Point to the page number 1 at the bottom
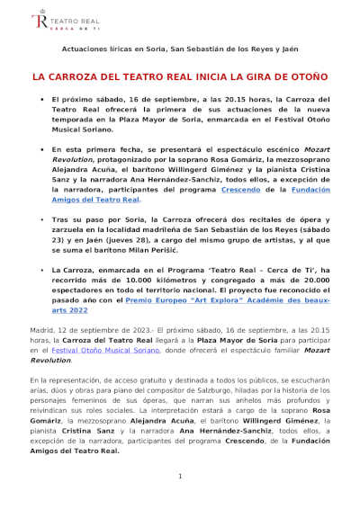[180, 476]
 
